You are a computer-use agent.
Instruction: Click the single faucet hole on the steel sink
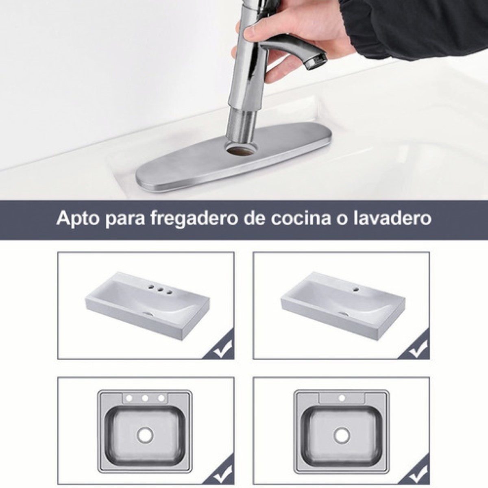pos(342,398)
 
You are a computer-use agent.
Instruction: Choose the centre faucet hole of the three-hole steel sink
pos(145,398)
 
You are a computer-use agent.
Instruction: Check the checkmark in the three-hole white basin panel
pos(223,349)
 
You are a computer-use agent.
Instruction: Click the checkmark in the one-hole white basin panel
pos(418,349)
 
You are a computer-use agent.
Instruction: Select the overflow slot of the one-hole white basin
pos(344,314)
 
